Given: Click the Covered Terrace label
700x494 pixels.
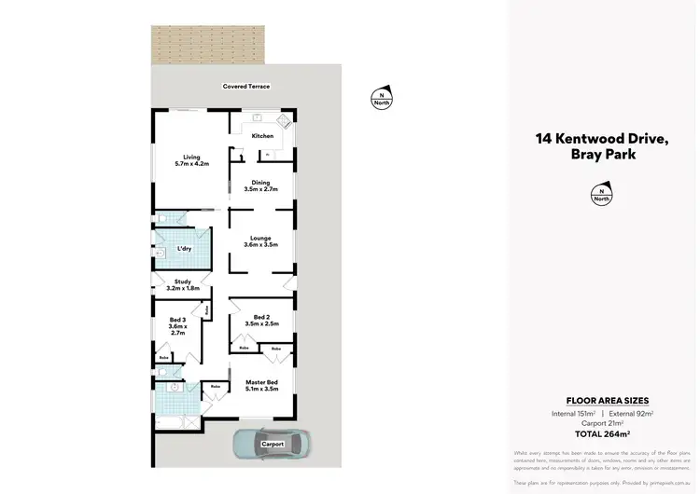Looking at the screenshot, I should [x=246, y=87].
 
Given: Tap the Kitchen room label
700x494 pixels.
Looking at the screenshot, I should [x=262, y=136].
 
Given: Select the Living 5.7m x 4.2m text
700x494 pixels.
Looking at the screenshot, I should [x=191, y=160].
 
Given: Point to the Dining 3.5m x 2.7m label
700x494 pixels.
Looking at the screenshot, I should [x=261, y=185].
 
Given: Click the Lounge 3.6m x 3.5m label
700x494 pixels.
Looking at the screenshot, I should [x=261, y=241].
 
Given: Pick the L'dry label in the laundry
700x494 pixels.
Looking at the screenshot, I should [x=185, y=250].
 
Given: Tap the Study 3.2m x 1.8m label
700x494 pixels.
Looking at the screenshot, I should [x=183, y=285].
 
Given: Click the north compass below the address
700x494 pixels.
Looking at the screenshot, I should [x=602, y=194].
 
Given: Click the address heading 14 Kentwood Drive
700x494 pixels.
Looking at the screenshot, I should [x=602, y=139].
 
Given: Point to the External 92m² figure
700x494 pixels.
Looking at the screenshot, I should [x=630, y=412].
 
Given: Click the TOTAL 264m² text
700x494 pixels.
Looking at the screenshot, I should [x=602, y=433].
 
